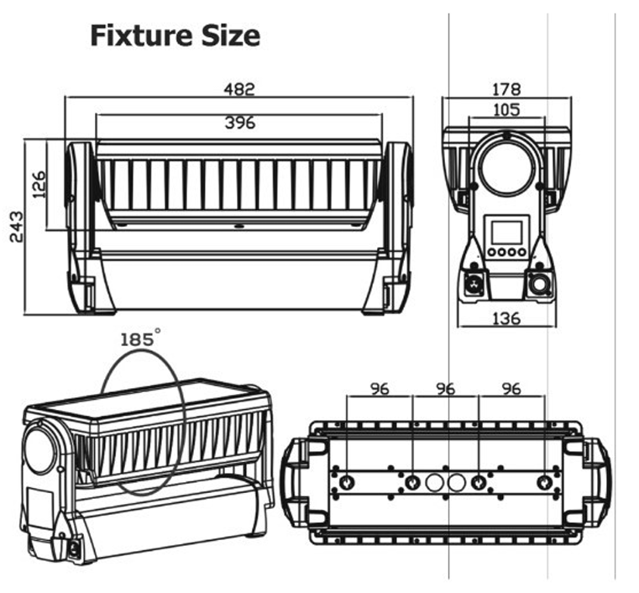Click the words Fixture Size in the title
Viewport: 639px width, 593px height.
coord(175,36)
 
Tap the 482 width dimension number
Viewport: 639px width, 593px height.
coord(238,89)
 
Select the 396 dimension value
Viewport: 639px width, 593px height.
coord(239,123)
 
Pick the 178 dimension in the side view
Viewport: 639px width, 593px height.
coord(506,89)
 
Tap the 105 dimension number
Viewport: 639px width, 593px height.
coord(506,109)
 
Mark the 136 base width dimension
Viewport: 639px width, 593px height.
coord(506,318)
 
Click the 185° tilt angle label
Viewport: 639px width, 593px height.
coord(139,339)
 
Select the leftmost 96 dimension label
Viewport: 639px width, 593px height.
coord(381,389)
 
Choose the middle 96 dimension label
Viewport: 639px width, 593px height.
coord(446,389)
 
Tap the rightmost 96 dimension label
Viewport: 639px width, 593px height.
coord(511,389)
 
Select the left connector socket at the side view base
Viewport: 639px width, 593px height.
coord(474,284)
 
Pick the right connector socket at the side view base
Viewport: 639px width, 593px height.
coord(538,284)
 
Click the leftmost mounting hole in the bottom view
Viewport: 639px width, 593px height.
coord(346,482)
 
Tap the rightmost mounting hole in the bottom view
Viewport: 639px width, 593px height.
coord(544,482)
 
